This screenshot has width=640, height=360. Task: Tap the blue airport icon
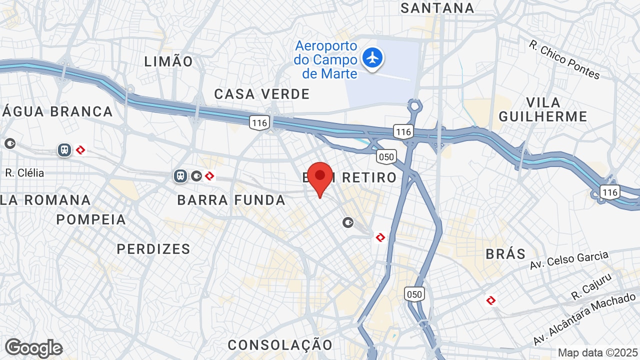(x=372, y=57)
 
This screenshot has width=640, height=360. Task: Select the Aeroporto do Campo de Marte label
(x=326, y=60)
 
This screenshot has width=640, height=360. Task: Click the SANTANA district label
(x=437, y=8)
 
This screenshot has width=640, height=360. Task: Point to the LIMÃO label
(x=168, y=61)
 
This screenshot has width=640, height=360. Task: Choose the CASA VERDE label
(x=262, y=94)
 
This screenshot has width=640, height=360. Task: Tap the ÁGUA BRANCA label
(x=57, y=111)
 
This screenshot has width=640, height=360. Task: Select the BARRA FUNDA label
(x=231, y=200)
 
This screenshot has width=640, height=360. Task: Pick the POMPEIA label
(x=91, y=219)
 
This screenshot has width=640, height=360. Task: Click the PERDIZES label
(x=153, y=249)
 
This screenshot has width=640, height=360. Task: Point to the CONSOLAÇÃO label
(x=280, y=344)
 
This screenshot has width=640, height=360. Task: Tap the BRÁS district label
(x=506, y=253)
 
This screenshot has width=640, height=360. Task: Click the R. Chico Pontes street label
(x=564, y=59)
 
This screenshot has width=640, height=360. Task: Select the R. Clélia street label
(x=24, y=173)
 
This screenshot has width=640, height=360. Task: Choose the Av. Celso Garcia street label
(x=569, y=260)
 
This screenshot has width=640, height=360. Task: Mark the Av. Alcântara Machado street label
(x=584, y=320)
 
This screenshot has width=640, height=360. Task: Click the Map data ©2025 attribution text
(x=597, y=352)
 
